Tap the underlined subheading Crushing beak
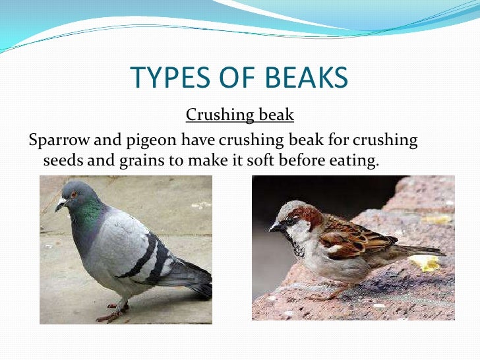(239, 115)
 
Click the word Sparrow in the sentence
(57, 140)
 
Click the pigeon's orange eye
(73, 195)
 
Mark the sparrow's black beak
(274, 227)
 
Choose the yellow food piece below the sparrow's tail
(425, 264)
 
